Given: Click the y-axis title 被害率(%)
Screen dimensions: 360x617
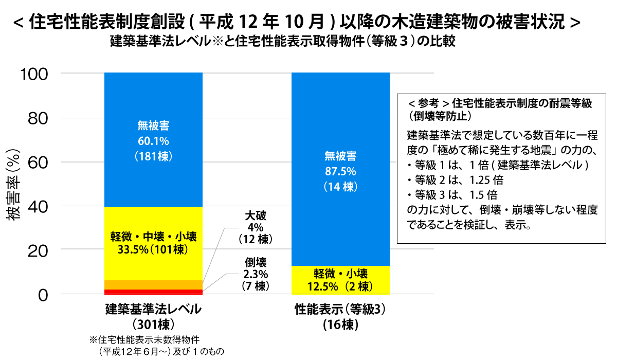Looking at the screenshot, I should point(14,184).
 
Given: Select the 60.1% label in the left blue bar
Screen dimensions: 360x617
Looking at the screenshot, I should point(153,140).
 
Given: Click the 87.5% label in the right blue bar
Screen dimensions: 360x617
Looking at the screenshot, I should point(340,171).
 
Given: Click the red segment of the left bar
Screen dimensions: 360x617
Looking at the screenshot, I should point(153,292).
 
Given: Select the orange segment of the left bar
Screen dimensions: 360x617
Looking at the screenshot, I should point(153,285).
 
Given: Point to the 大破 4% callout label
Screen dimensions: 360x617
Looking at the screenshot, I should point(255,227).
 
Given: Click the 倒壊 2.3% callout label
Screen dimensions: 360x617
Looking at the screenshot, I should point(255,273).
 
